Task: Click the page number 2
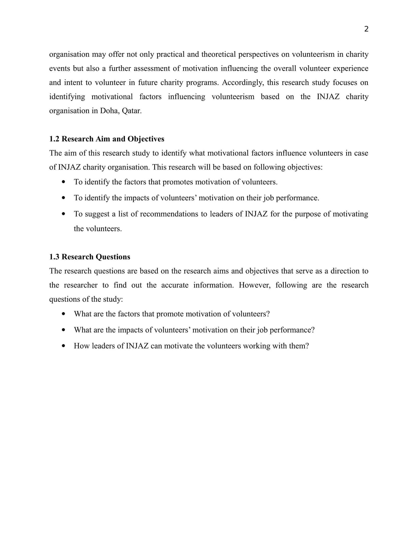[366, 29]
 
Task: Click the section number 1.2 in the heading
[54, 139]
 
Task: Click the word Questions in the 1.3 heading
[113, 257]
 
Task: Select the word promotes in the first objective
[178, 182]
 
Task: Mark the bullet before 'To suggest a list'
[63, 214]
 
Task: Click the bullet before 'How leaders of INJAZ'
[63, 346]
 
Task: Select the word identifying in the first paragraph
[67, 96]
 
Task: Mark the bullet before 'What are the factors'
[63, 314]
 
